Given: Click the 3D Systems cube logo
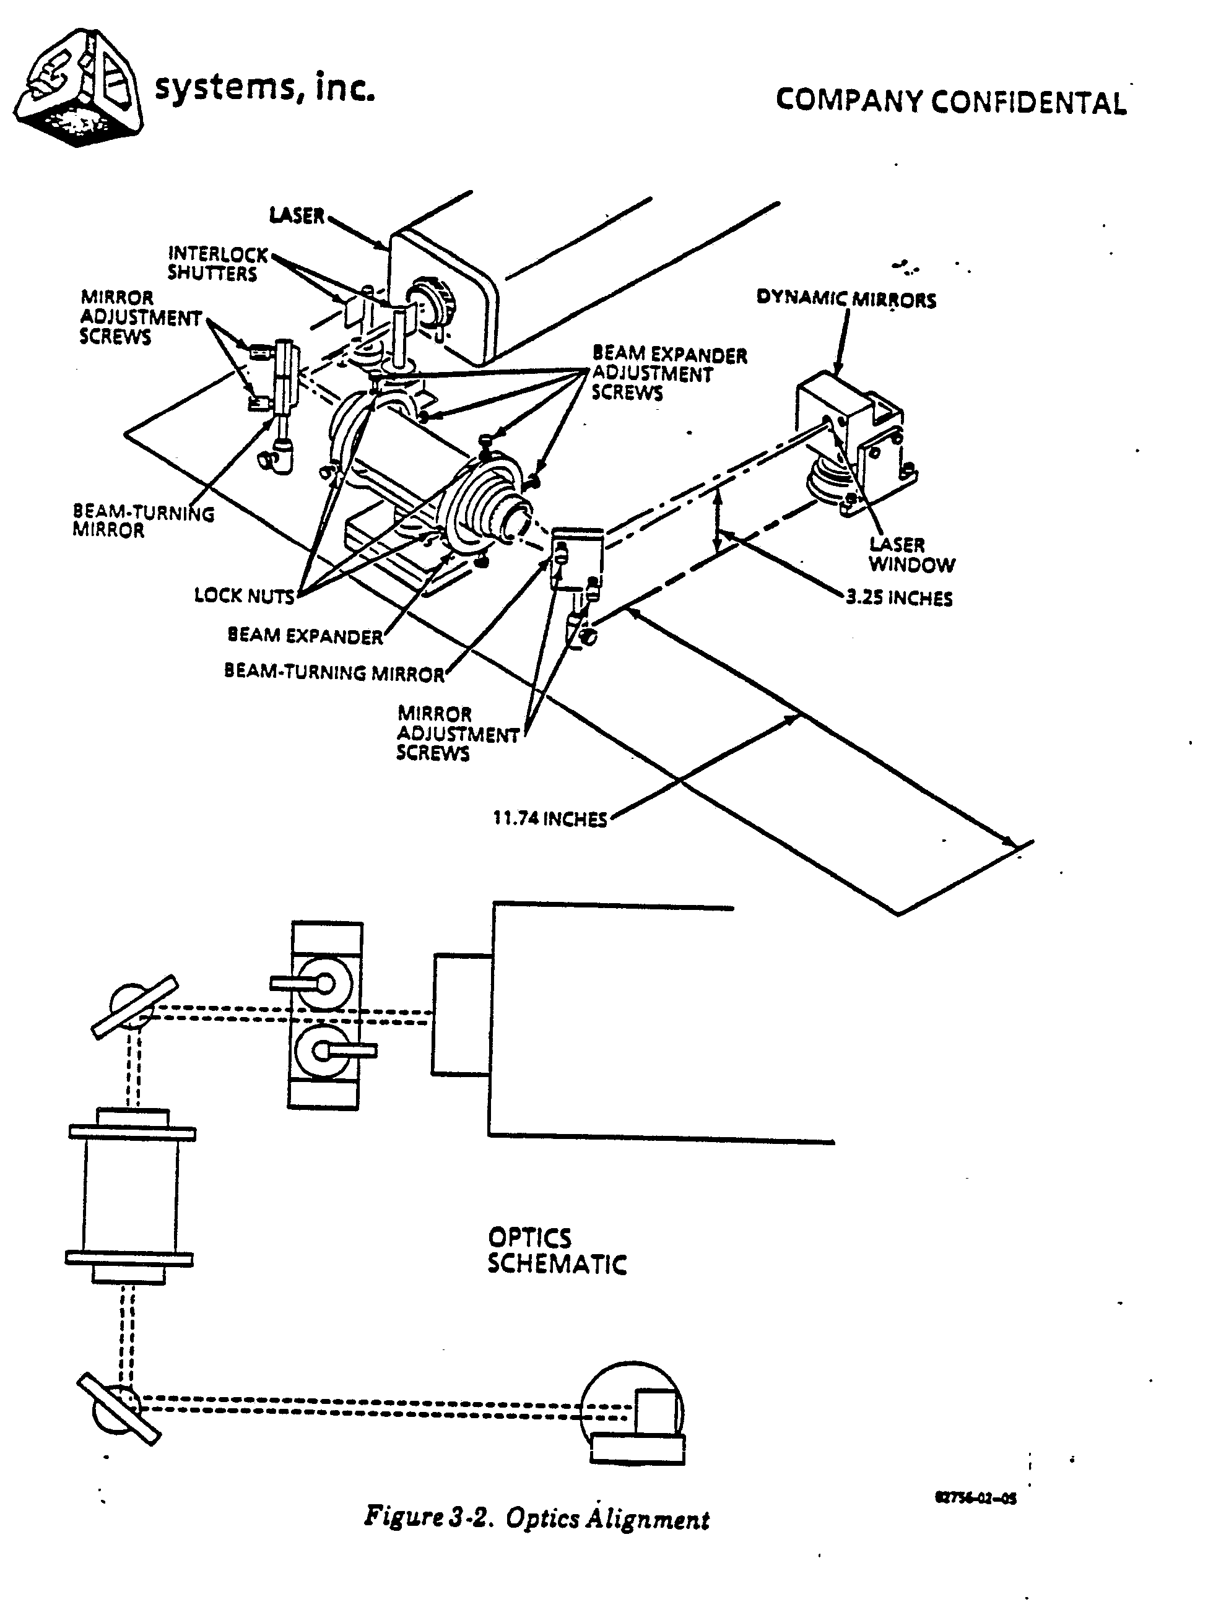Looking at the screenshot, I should (x=78, y=88).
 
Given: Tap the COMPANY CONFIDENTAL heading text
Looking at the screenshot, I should (x=950, y=102).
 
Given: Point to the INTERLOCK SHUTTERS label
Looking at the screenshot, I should (x=216, y=264).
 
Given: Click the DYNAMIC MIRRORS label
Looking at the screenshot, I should (x=846, y=298).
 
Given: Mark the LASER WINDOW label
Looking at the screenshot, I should (x=911, y=555).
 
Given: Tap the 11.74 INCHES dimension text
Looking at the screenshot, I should (x=550, y=819).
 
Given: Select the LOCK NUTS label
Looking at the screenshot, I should (x=244, y=595).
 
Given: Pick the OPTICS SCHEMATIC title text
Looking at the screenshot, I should (x=555, y=1251).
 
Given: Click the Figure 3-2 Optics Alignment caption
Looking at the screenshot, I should (x=537, y=1518).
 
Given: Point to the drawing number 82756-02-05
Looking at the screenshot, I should (x=976, y=1499).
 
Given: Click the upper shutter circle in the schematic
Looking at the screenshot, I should (x=324, y=983).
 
